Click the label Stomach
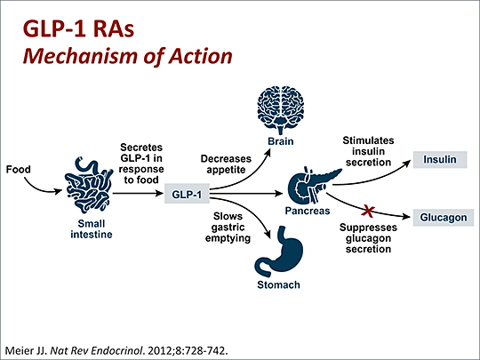[x=279, y=285]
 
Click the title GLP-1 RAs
[x=72, y=28]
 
